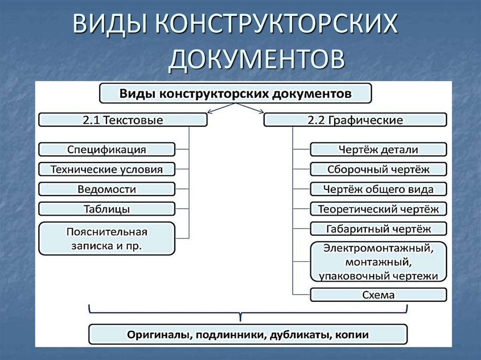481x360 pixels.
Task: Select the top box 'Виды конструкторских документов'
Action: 235,93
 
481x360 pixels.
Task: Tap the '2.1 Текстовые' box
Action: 123,120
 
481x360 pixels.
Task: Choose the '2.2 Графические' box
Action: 355,120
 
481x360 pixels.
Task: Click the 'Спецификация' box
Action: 107,150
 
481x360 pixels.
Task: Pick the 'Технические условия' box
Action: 107,169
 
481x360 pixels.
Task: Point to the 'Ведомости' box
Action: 107,189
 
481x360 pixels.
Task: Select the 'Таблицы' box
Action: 107,209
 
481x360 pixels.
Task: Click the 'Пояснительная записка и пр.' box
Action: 107,238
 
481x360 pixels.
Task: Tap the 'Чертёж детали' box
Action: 378,150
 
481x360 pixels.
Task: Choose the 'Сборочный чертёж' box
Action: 378,169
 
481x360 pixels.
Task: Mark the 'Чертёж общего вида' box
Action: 378,189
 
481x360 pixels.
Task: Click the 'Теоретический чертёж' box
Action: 378,209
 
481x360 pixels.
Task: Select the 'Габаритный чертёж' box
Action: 378,229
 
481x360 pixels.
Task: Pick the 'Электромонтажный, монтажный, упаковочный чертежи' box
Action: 378,261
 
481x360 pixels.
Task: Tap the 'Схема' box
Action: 378,295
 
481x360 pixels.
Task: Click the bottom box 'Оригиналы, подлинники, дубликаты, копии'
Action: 248,335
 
